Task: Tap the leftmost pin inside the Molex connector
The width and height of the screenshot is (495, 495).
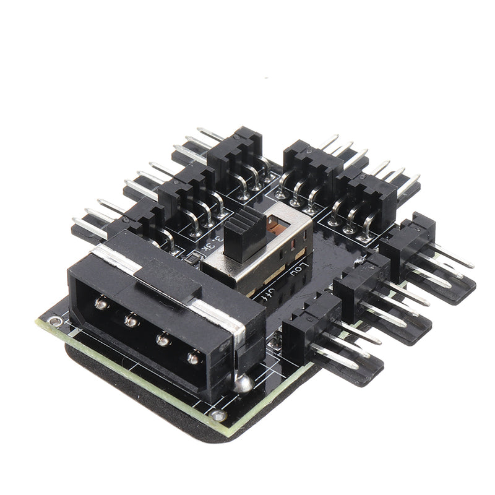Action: (99, 302)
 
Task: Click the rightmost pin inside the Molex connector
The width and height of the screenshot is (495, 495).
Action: (194, 358)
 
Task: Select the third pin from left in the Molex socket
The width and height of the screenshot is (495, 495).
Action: (163, 338)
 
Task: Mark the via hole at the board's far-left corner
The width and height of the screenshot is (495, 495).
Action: (55, 322)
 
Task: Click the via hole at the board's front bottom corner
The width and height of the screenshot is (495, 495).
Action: (217, 416)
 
